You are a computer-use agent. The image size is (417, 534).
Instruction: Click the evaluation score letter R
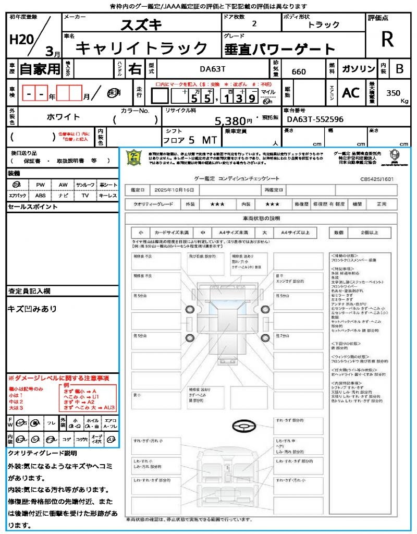click(387, 39)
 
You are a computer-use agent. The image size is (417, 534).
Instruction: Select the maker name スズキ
click(141, 24)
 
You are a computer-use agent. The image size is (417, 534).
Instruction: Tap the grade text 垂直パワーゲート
click(279, 50)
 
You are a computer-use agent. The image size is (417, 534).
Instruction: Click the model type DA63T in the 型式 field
click(213, 69)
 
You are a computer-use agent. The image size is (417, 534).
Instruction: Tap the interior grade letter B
click(399, 69)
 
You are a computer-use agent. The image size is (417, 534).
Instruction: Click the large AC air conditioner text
click(351, 92)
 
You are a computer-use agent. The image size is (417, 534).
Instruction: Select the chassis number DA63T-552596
click(315, 119)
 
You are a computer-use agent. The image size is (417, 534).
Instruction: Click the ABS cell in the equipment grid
click(40, 196)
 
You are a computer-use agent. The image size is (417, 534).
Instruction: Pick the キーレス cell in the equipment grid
click(108, 196)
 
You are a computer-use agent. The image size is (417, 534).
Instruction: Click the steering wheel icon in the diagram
click(243, 426)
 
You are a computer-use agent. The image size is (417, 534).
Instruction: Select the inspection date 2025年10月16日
click(177, 190)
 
